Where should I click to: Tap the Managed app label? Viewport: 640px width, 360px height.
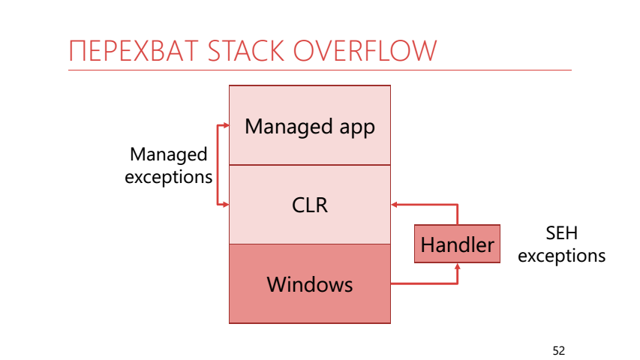tap(309, 126)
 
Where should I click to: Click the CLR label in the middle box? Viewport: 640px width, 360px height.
tap(309, 204)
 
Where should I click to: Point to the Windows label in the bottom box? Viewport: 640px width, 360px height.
tap(309, 284)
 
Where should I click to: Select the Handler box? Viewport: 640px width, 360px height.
tap(457, 244)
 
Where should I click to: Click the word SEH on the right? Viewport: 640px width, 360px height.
tap(561, 233)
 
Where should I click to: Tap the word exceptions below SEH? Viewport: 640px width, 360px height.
tap(561, 256)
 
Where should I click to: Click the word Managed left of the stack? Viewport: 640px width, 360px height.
tap(168, 154)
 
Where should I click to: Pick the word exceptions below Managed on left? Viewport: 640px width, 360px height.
tap(168, 177)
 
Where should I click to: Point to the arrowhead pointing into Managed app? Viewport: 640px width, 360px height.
tap(225, 126)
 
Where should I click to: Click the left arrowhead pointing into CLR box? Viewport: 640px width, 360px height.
tap(225, 204)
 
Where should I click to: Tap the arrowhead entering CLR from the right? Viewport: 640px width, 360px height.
tap(395, 204)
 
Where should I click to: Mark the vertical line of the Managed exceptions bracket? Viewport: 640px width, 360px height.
tap(217, 165)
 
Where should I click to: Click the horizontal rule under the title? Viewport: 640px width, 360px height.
tap(320, 70)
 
